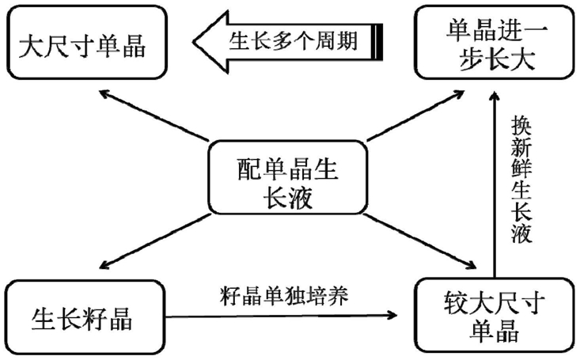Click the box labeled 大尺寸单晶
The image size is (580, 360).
pos(87,42)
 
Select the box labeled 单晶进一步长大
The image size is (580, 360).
pos(495,42)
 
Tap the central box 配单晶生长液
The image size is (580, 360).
pos(288,177)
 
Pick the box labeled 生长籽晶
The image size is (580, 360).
pos(85,317)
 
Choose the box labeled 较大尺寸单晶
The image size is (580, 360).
pos(495,315)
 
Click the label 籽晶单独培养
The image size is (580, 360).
pos(284,297)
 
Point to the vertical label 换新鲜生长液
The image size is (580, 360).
pos(521,179)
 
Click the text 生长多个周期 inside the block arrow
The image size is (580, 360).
pos(293,41)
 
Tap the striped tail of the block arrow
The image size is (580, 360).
pos(377,42)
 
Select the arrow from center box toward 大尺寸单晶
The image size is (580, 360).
pos(154,116)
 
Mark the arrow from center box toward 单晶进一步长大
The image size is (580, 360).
pos(415,116)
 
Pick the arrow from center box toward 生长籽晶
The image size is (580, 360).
pos(155,241)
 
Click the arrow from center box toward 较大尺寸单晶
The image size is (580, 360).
pos(420,241)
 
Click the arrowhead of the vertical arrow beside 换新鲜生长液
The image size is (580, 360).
pos(495,97)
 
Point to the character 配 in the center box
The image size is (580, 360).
pos(248,169)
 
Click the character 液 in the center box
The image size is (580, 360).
pos(301,197)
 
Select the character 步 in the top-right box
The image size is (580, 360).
pos(471,59)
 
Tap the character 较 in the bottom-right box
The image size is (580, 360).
pos(456,303)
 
